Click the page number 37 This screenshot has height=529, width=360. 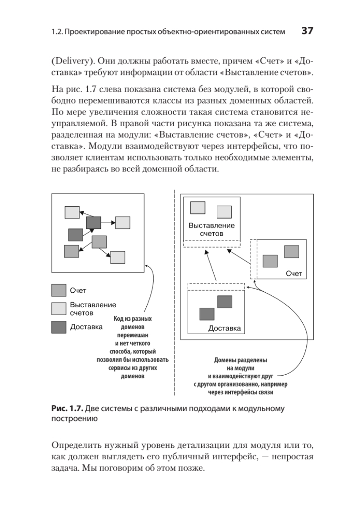[x=307, y=31]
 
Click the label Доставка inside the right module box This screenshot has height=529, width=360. [x=224, y=328]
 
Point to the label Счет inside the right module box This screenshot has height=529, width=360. [x=294, y=274]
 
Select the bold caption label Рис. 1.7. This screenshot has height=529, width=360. [x=65, y=409]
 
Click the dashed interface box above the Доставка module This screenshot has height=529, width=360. [x=216, y=287]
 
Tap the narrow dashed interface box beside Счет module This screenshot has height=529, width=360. [x=253, y=259]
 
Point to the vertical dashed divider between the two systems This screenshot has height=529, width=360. [x=175, y=291]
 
